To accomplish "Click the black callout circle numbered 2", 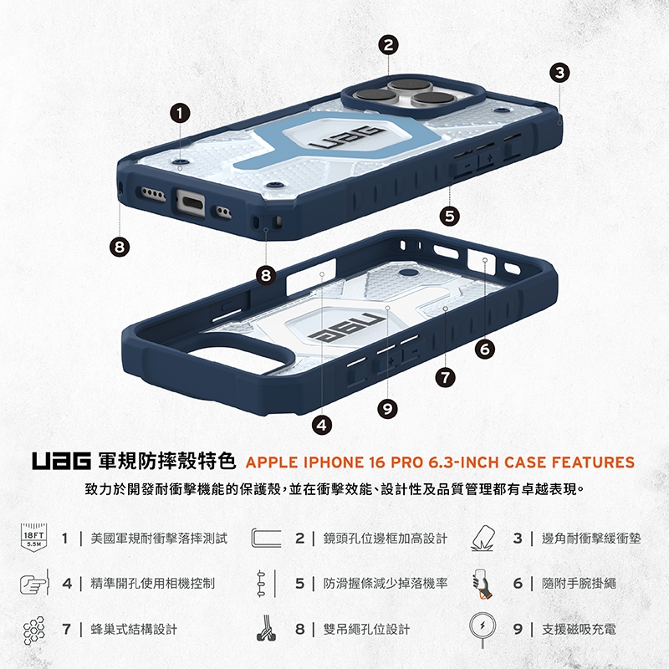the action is [x=388, y=45].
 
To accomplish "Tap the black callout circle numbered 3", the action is [x=559, y=73].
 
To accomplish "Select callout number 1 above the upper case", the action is [x=180, y=113].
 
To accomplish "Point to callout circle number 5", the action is [x=450, y=216].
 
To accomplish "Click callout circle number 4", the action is [x=322, y=425].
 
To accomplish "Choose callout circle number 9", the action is [x=387, y=409].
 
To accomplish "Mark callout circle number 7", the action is [x=445, y=377].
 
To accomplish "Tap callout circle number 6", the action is [x=485, y=350].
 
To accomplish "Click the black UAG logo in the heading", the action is [x=61, y=462].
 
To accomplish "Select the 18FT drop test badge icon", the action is [x=33, y=538].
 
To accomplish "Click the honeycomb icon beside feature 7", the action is [x=33, y=631].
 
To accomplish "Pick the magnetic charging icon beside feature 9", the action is [x=483, y=629].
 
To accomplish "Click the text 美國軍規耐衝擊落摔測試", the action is [x=159, y=539].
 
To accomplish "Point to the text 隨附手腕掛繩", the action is [x=579, y=583].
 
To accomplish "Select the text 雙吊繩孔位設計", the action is [x=366, y=629].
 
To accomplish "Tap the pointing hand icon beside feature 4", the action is [x=33, y=583].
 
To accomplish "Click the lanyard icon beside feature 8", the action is [x=265, y=629].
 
